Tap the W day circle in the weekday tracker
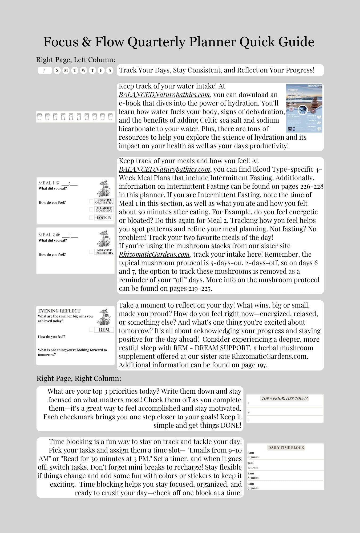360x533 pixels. [x=83, y=71]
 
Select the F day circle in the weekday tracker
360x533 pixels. [x=101, y=71]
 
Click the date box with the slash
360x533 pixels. [x=45, y=70]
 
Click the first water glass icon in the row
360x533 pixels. [x=39, y=117]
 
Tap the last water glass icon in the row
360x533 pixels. [x=110, y=117]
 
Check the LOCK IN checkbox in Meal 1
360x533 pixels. [x=91, y=217]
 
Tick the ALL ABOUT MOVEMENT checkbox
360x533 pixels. [x=91, y=209]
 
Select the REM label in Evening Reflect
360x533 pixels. [x=104, y=330]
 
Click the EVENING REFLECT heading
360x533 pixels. [x=59, y=311]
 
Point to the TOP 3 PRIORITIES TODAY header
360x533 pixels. [x=284, y=398]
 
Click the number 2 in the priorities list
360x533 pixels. [x=249, y=412]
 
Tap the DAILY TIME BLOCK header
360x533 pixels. [x=286, y=447]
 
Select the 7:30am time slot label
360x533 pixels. [x=253, y=467]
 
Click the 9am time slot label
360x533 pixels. [x=250, y=484]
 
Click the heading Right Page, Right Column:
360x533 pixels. [x=79, y=378]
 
